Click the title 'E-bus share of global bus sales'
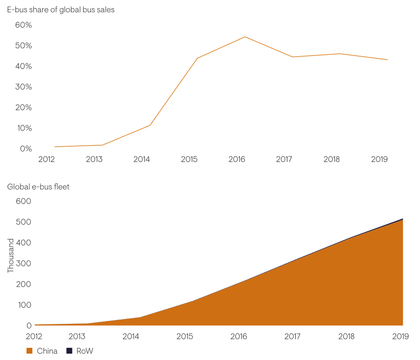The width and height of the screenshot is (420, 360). pyautogui.click(x=61, y=10)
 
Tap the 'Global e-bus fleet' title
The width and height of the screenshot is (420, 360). pyautogui.click(x=38, y=187)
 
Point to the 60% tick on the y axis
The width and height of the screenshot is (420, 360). pyautogui.click(x=23, y=25)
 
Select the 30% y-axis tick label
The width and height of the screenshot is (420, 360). pyautogui.click(x=23, y=87)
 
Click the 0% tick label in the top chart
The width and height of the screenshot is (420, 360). pyautogui.click(x=25, y=149)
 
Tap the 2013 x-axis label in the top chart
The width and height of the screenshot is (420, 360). pyautogui.click(x=94, y=159)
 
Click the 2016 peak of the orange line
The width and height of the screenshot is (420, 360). pyautogui.click(x=245, y=37)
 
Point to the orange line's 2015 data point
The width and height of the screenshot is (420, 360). pyautogui.click(x=197, y=58)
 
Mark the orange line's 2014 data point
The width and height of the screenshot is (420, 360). pyautogui.click(x=150, y=125)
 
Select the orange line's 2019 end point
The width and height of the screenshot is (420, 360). pyautogui.click(x=388, y=60)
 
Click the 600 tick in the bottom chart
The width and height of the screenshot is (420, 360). pyautogui.click(x=23, y=202)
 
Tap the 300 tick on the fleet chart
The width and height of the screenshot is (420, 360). pyautogui.click(x=23, y=264)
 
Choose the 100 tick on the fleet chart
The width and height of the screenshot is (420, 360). pyautogui.click(x=23, y=305)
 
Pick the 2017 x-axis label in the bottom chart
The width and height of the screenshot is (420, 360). pyautogui.click(x=292, y=337)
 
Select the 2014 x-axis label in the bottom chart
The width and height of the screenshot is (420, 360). pyautogui.click(x=131, y=337)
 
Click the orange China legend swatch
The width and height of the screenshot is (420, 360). pyautogui.click(x=29, y=351)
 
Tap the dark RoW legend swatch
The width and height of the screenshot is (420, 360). pyautogui.click(x=69, y=351)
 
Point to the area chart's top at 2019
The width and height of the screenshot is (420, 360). pyautogui.click(x=402, y=219)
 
